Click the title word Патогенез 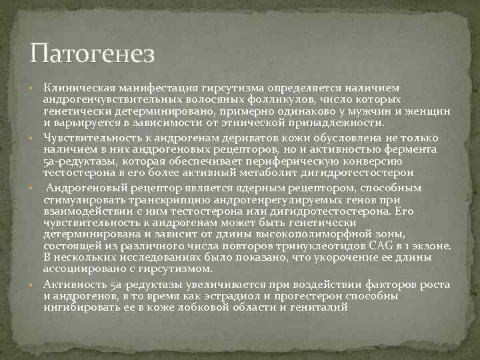[93, 53]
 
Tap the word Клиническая [76, 88]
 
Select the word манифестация [152, 88]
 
